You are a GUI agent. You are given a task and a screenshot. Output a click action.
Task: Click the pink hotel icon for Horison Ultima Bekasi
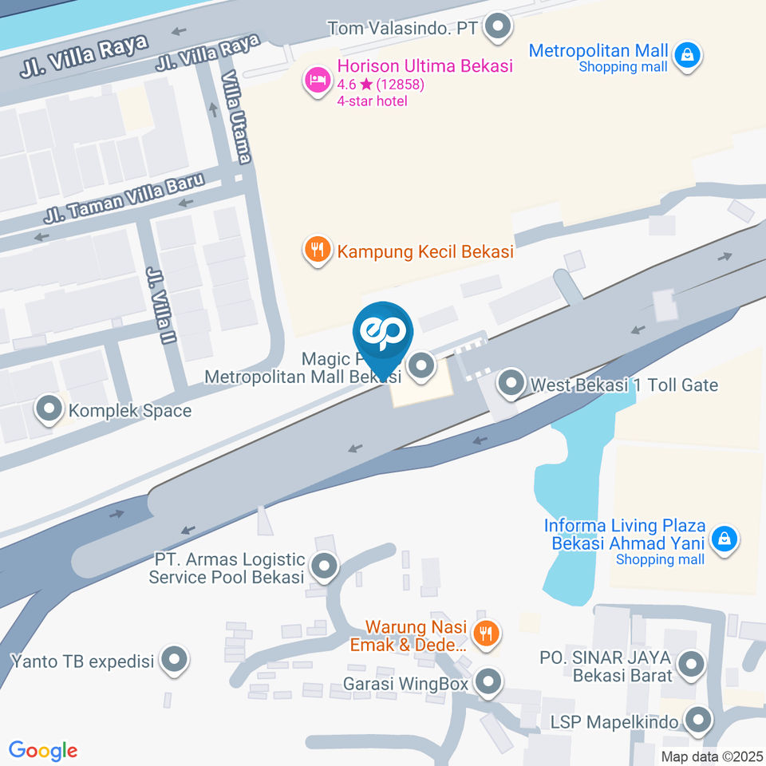[318, 81]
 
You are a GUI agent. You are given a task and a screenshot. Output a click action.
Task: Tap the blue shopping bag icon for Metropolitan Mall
[686, 55]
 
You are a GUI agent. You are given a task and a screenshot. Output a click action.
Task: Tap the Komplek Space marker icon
[49, 410]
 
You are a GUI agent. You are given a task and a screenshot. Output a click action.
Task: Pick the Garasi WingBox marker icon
[488, 682]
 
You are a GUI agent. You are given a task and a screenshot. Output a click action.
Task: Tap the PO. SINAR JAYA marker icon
[690, 663]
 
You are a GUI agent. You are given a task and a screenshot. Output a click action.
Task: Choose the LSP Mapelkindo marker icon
[698, 721]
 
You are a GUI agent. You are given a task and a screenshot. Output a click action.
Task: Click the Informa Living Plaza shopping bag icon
[724, 537]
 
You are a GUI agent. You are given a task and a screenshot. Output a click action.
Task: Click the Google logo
[43, 750]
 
